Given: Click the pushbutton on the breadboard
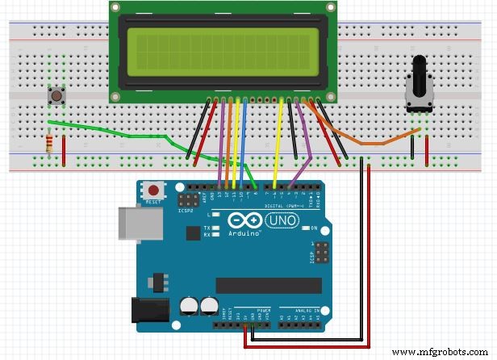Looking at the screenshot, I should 57,96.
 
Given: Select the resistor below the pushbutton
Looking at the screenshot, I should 52,145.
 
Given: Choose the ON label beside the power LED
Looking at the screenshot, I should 314,228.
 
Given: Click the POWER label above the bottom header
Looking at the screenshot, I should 264,310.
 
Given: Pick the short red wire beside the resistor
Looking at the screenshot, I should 64,149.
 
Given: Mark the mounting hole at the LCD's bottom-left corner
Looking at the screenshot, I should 115,96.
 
